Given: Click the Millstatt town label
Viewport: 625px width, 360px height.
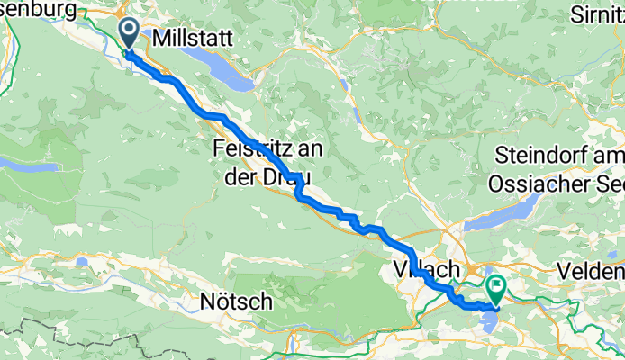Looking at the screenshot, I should pos(194,39).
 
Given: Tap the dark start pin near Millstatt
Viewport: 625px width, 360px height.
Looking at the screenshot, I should pos(129,33).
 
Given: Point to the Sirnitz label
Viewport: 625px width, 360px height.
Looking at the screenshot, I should pos(598,15).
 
